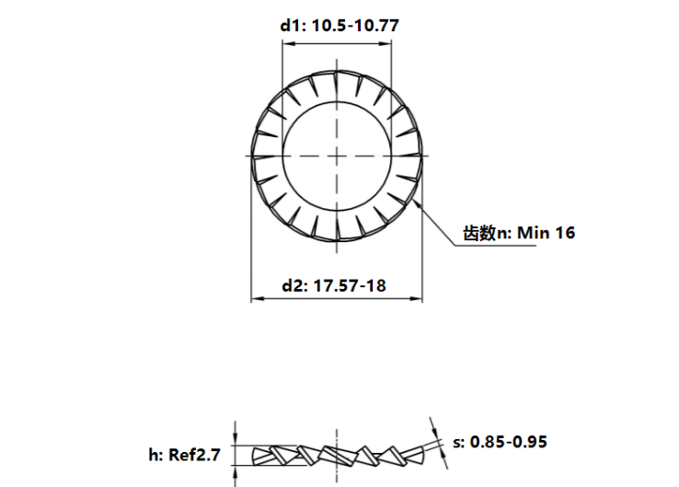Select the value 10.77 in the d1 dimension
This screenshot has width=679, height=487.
pos(377,26)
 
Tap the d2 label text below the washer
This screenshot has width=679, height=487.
pos(293,285)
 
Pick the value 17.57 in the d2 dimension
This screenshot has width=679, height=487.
pos(336,285)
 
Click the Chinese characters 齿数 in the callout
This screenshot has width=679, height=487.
pos(478,233)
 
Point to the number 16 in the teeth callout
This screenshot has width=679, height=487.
pos(565,233)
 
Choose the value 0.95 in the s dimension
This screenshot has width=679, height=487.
pos(529,442)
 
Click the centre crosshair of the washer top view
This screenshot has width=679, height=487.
pos(338,156)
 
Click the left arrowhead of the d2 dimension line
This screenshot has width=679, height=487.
pos(256,299)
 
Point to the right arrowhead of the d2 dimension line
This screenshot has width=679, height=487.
pos(419,299)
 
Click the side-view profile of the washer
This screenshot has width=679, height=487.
pos(338,454)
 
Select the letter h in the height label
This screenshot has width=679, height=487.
pos(154,454)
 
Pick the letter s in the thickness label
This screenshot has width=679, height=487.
pos(457,442)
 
